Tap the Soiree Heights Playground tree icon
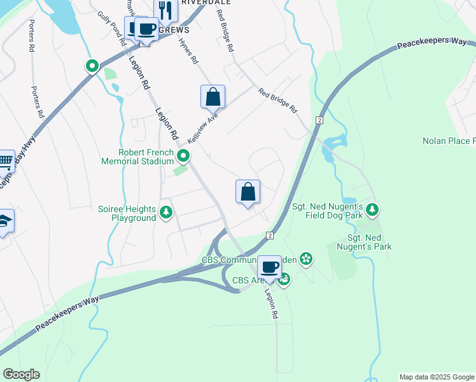166,212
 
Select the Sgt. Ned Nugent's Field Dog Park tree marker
372,209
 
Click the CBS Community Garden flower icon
306,258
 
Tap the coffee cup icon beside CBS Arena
270,267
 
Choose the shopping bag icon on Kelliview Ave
213,97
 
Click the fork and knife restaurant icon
165,10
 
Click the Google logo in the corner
21,374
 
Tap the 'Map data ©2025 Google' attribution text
437,377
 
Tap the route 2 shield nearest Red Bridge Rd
319,120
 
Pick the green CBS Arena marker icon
284,278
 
